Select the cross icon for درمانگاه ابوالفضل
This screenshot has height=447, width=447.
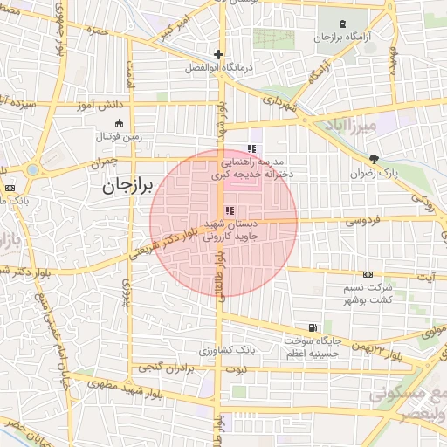(217, 54)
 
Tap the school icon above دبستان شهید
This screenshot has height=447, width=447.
(230, 210)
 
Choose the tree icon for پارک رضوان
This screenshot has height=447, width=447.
(375, 159)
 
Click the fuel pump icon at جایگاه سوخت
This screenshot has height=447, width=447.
(313, 327)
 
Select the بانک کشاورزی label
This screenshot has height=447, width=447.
(226, 350)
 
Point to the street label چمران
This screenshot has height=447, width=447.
(101, 162)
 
